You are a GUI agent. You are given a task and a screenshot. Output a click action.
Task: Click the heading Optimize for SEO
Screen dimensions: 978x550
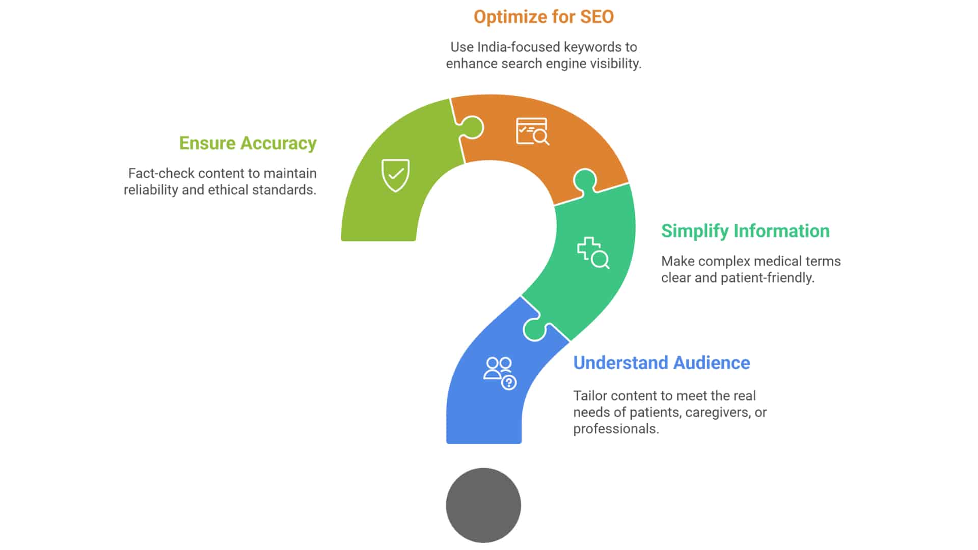point(544,17)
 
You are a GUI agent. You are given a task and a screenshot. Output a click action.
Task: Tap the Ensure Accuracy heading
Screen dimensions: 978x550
point(248,143)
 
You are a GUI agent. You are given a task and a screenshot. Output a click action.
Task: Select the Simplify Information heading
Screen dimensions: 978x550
point(745,231)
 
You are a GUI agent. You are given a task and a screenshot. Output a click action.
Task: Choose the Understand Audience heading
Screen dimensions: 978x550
point(662,363)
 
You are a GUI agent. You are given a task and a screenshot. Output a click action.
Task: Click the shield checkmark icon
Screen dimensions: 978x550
point(396,175)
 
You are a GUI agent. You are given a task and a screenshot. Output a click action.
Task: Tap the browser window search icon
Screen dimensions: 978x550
point(533,131)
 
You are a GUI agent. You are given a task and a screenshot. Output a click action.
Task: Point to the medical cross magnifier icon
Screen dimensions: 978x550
point(593,253)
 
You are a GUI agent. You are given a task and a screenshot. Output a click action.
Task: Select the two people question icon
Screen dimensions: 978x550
point(500,373)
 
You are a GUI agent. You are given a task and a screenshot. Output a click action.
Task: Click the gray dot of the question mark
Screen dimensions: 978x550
point(483,505)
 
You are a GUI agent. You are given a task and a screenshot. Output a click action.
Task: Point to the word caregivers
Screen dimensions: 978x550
point(718,412)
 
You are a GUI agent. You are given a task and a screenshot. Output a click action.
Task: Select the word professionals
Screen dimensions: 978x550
point(616,429)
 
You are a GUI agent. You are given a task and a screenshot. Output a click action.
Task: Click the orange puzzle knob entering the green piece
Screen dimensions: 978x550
point(472,127)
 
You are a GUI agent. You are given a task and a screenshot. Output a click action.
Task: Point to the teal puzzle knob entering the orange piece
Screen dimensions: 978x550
point(585,181)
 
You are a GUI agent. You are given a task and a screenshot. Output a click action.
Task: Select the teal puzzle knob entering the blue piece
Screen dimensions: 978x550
point(534,329)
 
